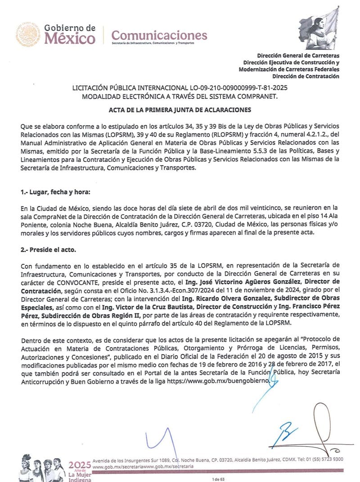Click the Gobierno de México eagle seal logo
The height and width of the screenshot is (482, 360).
point(29,35)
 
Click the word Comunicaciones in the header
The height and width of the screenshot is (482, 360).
point(159,35)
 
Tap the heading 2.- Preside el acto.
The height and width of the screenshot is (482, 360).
point(50,249)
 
